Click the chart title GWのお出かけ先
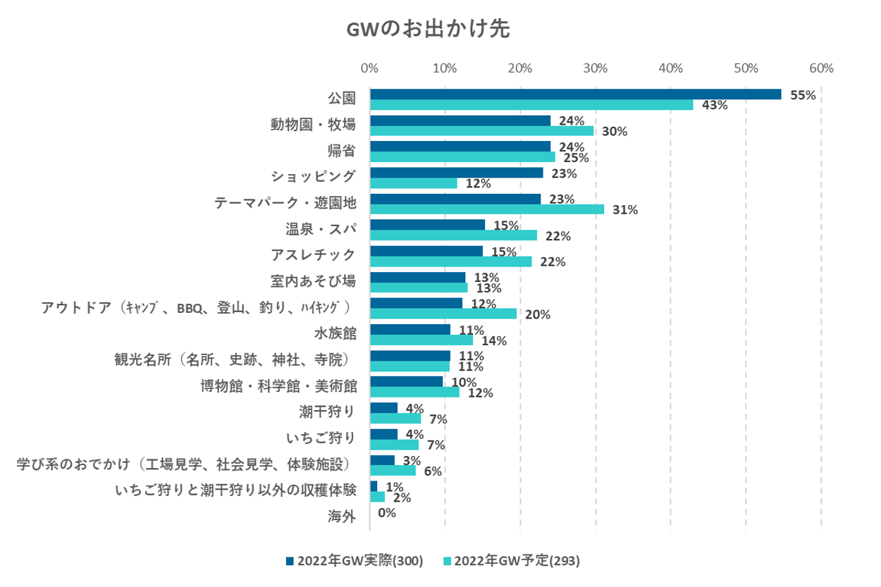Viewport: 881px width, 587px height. tap(427, 30)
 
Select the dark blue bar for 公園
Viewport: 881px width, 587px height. tap(575, 94)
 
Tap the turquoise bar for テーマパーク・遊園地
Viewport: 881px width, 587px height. tap(486, 209)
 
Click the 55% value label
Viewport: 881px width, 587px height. tap(803, 95)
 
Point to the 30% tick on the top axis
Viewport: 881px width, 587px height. tap(595, 68)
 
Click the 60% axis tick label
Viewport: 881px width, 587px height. tap(821, 68)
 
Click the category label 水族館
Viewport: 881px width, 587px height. tap(335, 333)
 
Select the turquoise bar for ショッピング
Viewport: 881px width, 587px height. tap(413, 183)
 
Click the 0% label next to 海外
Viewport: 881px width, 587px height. tap(387, 513)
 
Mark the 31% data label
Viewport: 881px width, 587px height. tap(624, 210)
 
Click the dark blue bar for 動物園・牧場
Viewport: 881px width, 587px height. tap(460, 121)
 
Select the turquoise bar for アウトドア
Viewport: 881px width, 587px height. tap(443, 314)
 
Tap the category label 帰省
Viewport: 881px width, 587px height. tap(342, 150)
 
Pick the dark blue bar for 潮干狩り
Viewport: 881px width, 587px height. tap(383, 408)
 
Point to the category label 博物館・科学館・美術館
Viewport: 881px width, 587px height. tap(278, 385)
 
